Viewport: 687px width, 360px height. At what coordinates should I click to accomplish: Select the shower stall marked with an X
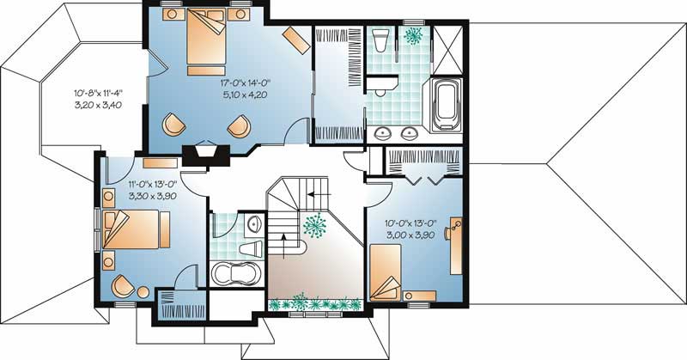coord(448,41)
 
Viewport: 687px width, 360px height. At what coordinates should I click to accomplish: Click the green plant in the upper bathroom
coord(415,35)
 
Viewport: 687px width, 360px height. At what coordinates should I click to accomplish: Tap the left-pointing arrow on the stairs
coord(315,192)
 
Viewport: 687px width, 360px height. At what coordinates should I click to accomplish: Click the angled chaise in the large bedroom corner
coord(298,38)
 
